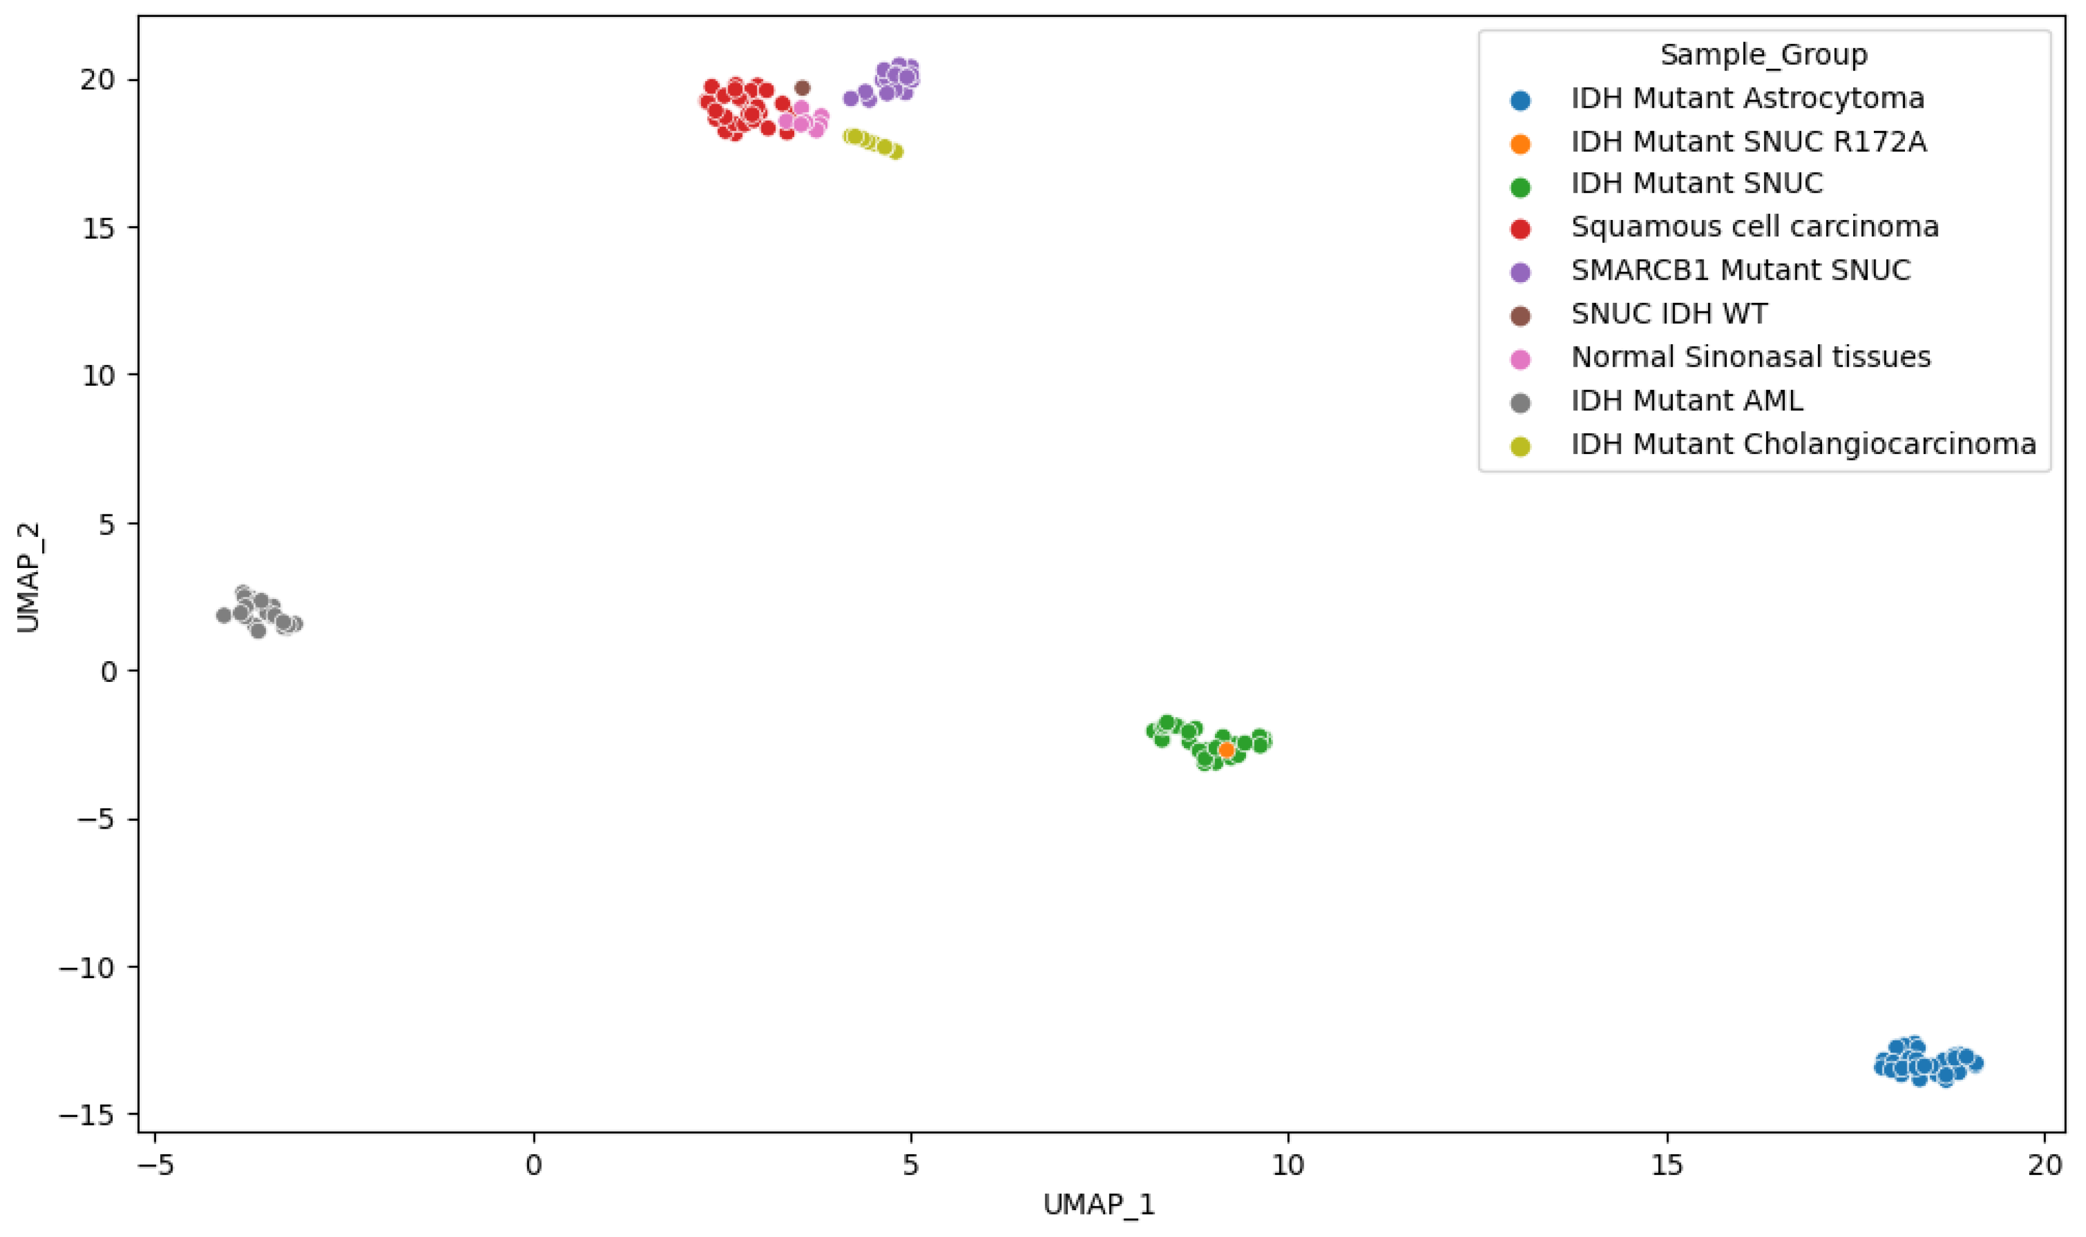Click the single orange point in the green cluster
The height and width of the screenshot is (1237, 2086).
pyautogui.click(x=1226, y=750)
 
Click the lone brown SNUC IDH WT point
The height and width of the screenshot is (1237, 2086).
pyautogui.click(x=802, y=88)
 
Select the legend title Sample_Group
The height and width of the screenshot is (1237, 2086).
pyautogui.click(x=1764, y=55)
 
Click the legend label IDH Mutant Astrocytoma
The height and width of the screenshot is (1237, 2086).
pyautogui.click(x=1748, y=98)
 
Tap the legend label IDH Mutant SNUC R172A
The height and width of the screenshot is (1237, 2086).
pyautogui.click(x=1748, y=142)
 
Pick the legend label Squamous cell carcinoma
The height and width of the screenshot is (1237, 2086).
pyautogui.click(x=1754, y=227)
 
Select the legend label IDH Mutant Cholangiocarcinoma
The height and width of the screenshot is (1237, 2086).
pyautogui.click(x=1803, y=444)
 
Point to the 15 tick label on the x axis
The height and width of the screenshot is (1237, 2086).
pyautogui.click(x=1667, y=1164)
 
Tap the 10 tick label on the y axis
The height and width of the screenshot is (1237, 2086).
pyautogui.click(x=98, y=375)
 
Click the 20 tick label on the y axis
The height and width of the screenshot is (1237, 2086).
pyautogui.click(x=98, y=80)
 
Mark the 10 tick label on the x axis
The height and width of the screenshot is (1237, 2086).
pyautogui.click(x=1288, y=1164)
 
